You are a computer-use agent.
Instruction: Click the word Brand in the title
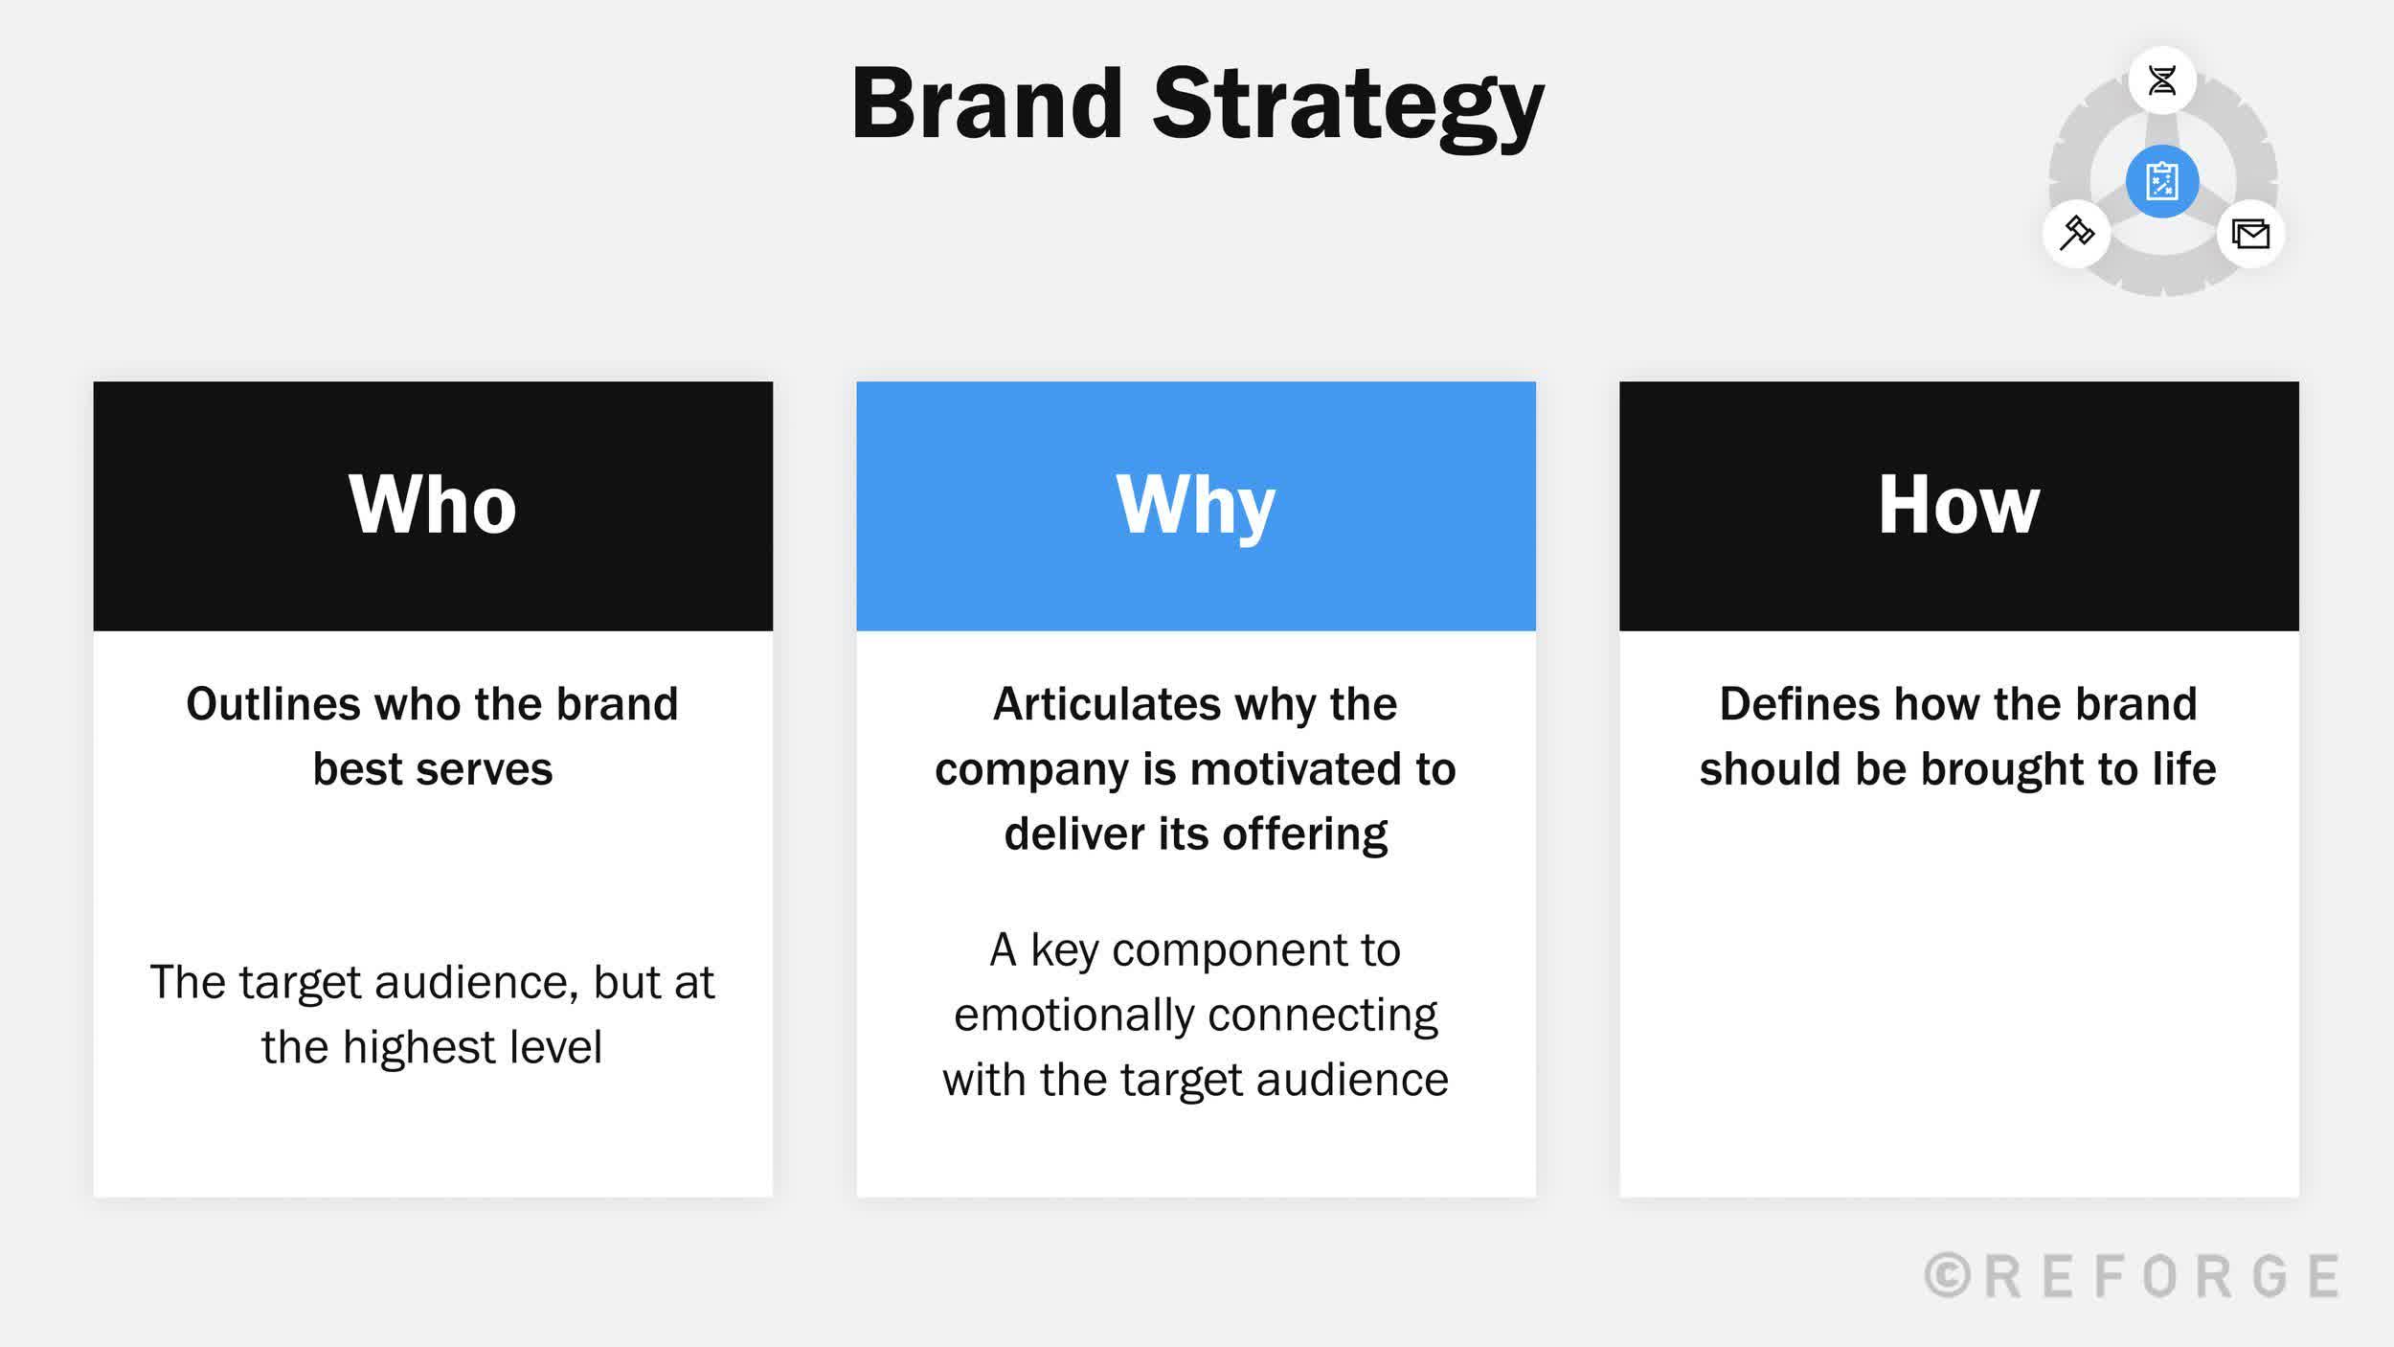click(986, 103)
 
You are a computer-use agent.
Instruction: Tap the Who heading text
click(433, 505)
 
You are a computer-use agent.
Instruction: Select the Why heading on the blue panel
click(1195, 505)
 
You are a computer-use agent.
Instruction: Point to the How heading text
click(1958, 505)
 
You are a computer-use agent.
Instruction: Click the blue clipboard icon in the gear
click(2162, 181)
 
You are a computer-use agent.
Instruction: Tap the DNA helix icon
click(2162, 80)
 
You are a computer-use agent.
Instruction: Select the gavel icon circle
click(2076, 233)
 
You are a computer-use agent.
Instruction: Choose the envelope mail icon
click(2250, 234)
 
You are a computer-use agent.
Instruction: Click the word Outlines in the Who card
click(273, 704)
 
